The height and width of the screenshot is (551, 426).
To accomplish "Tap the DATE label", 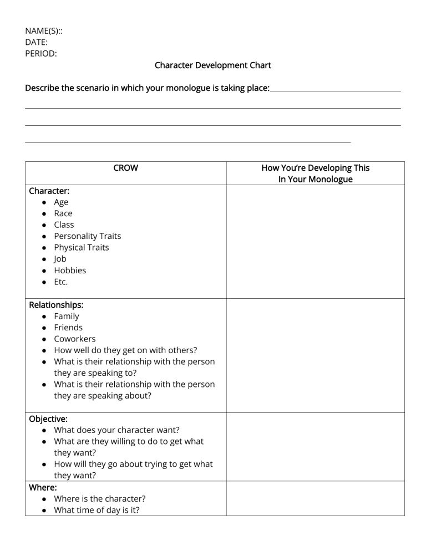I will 36,42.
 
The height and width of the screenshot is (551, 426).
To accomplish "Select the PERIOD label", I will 41,54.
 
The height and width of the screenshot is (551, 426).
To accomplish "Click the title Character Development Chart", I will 213,65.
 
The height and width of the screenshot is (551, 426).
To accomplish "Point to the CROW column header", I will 126,167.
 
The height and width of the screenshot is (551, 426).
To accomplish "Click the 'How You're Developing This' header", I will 315,167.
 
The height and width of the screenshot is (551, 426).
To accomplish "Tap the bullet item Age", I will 61,202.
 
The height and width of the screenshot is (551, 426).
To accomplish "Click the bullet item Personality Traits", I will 87,236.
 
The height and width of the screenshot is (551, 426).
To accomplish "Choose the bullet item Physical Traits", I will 81,248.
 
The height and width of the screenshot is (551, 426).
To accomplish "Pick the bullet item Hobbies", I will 70,271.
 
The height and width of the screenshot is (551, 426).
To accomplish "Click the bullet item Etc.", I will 60,282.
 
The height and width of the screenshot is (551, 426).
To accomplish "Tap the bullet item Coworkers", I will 74,339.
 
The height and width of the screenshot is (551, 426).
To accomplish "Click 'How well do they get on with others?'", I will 125,350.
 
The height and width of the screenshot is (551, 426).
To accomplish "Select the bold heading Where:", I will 42,487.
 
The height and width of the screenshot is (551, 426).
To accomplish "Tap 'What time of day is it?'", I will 97,509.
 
